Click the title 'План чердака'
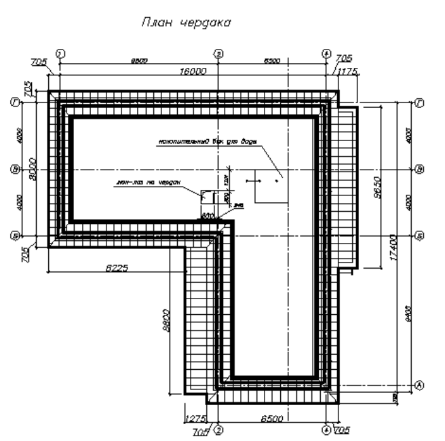(x=185, y=22)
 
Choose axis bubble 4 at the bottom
(x=327, y=429)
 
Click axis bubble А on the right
(x=419, y=385)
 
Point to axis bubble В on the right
(x=419, y=168)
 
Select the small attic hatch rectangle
(x=208, y=196)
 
